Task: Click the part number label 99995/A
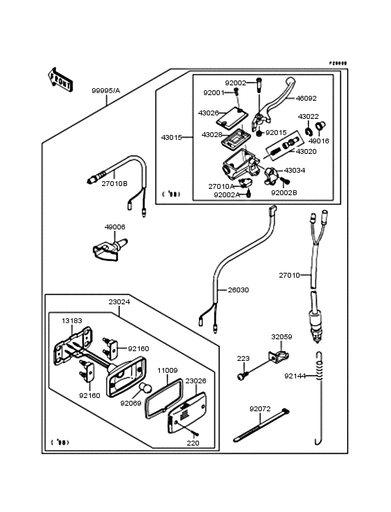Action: pos(105,91)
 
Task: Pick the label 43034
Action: pos(294,171)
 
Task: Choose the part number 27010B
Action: pos(114,183)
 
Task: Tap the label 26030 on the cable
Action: pos(237,290)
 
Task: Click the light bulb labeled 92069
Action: pos(145,389)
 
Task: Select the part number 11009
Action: pos(167,370)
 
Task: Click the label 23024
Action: pos(119,303)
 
